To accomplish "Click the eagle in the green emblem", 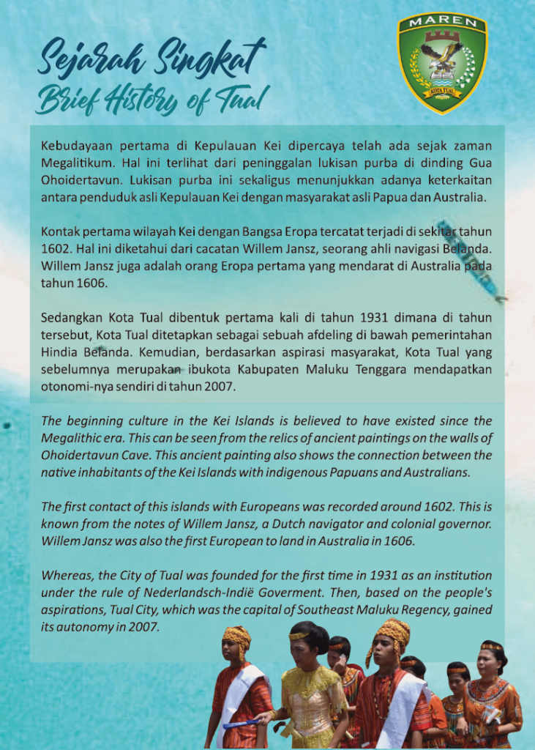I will [x=441, y=59].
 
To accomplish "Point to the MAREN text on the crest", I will [x=442, y=23].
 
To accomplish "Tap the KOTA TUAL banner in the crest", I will [x=442, y=92].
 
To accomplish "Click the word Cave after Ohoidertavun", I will [x=133, y=456].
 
